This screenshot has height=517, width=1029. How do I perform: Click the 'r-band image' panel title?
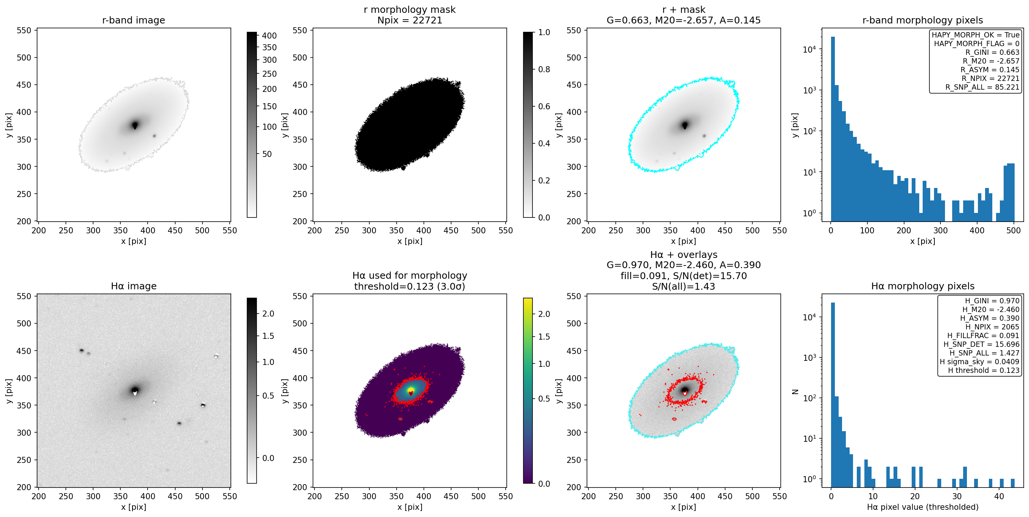134,20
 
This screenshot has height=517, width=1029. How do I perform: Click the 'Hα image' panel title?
134,286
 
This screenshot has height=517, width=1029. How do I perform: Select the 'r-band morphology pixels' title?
922,20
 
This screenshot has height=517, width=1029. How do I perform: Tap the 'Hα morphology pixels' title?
922,286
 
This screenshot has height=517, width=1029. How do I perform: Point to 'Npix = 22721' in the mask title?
409,20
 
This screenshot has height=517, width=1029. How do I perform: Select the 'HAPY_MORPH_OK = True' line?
976,35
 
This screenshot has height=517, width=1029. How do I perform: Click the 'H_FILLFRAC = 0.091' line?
983,335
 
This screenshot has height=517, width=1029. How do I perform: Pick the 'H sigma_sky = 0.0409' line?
979,362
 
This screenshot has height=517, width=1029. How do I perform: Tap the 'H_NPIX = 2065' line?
992,326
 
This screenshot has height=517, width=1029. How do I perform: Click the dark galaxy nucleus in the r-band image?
135,125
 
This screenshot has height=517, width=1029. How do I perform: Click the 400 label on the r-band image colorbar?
269,36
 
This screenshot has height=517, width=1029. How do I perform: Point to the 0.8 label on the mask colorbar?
544,69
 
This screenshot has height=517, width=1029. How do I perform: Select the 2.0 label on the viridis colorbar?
544,314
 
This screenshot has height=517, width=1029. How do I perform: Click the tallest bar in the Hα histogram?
833,395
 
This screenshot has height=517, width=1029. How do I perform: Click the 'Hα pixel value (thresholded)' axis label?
922,507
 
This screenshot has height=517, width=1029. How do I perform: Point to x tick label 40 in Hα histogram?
999,496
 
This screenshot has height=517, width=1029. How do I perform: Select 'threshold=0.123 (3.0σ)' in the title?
409,286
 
